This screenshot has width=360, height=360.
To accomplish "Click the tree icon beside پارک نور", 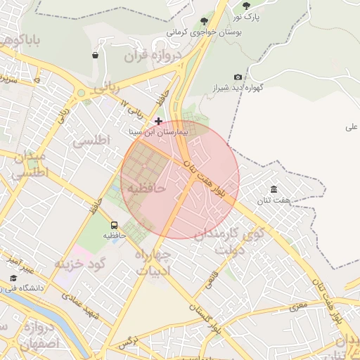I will coord(246,6).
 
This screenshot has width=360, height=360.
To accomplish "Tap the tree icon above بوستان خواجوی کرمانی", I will coord(205,22).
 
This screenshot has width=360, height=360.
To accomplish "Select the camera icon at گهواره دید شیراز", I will coord(238,77).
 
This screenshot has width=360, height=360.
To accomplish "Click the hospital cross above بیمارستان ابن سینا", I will coord(158,121).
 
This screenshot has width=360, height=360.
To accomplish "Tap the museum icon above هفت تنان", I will coord(274,190).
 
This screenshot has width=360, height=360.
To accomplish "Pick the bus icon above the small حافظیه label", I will coord(115,224).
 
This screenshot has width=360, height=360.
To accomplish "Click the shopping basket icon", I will coord(95,55).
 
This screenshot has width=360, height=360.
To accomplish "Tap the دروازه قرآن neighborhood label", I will coord(153,56).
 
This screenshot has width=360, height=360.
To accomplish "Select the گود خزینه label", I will coord(79,263).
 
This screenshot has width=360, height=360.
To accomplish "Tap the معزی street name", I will coord(299,304).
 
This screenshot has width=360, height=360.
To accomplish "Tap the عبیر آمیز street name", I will coord(21,264).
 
